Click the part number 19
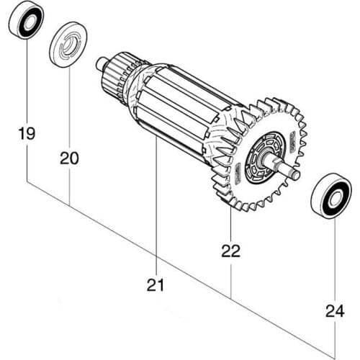point(27,134)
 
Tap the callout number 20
point(69,156)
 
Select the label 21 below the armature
point(156,284)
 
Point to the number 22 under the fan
point(230,251)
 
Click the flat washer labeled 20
point(69,44)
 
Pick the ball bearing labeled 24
point(330,195)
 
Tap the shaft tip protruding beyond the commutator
point(99,63)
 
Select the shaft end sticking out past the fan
point(292,173)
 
